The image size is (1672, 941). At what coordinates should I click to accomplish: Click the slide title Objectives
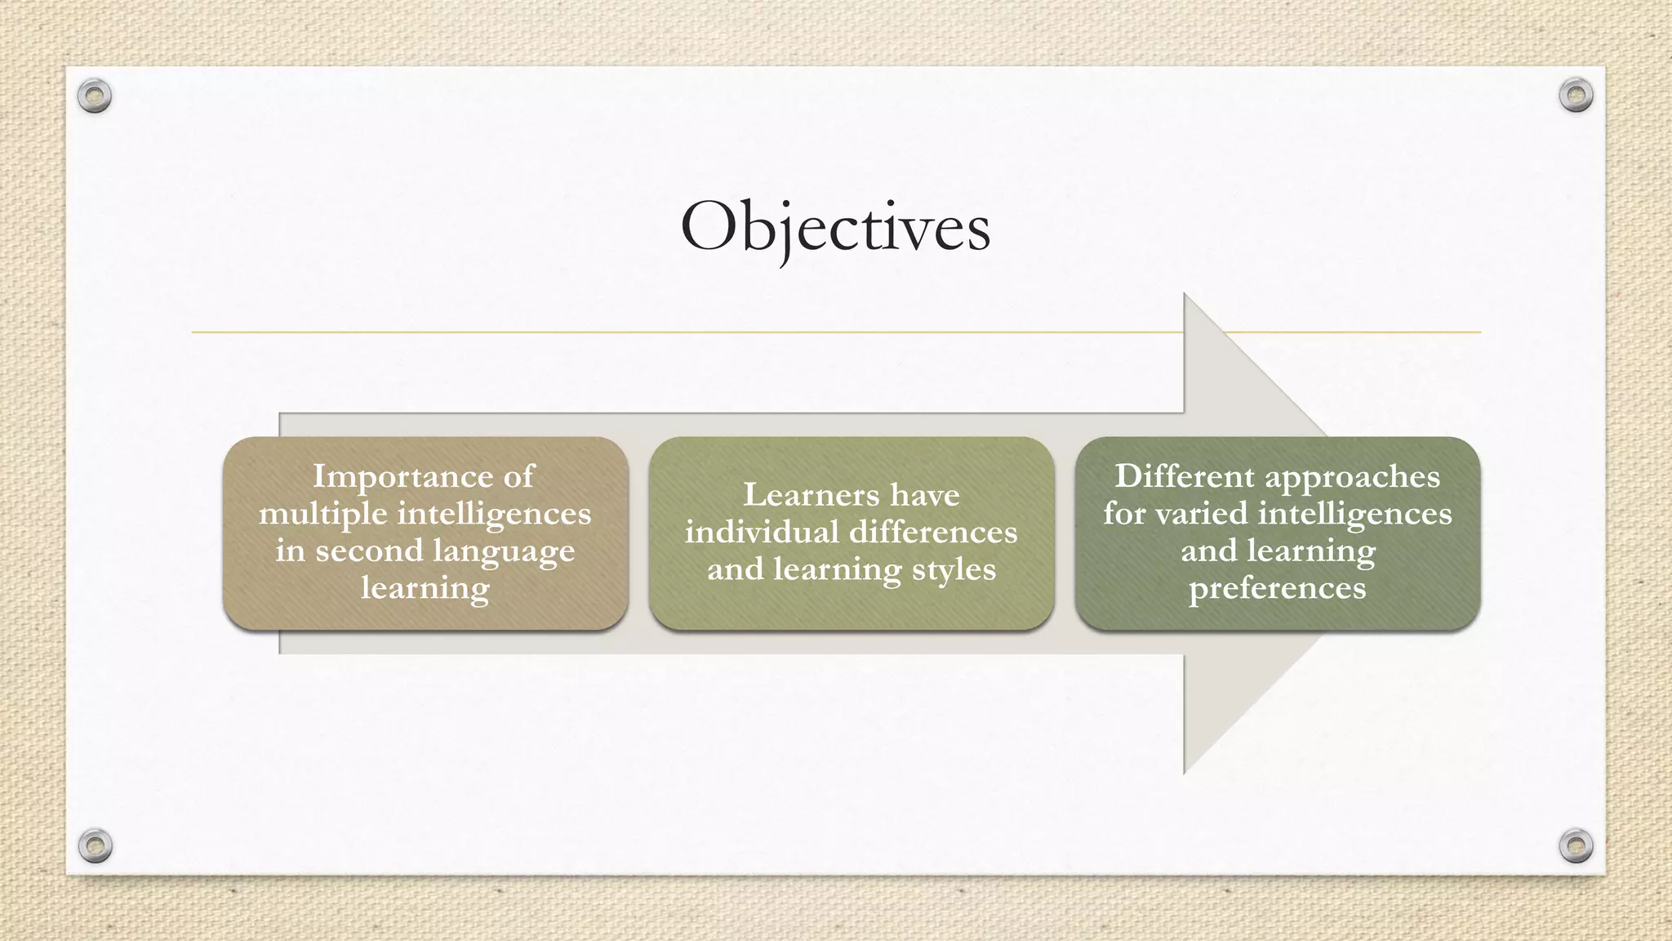point(835,228)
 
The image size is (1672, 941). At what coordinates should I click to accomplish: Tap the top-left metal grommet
point(94,96)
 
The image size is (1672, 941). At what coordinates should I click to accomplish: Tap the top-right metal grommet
point(1576,96)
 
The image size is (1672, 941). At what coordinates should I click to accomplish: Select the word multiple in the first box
point(322,515)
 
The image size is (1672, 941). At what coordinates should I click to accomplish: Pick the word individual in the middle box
point(761,533)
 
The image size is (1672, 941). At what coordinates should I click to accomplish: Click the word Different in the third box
point(1172,477)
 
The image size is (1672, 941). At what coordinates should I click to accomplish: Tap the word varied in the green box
point(1212,515)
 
